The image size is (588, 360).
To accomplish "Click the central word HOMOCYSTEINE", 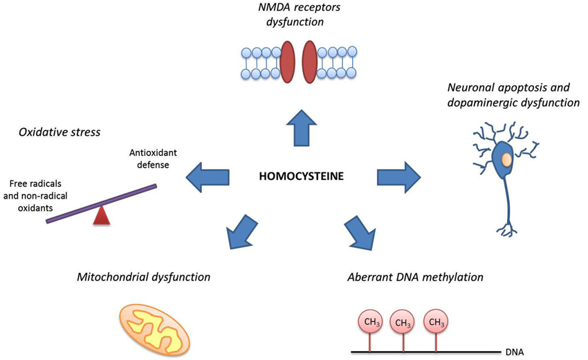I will coord(301,177).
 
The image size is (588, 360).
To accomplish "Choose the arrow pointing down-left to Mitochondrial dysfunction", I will coord(239,229).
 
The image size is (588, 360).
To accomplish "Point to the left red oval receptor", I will coord(287,62).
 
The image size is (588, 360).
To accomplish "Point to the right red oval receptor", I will coord(310,62).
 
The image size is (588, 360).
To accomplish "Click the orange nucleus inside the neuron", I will coord(506,160).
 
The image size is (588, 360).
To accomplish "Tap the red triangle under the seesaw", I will coord(102,215).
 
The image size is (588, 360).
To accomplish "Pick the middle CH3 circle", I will coord(403,322).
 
